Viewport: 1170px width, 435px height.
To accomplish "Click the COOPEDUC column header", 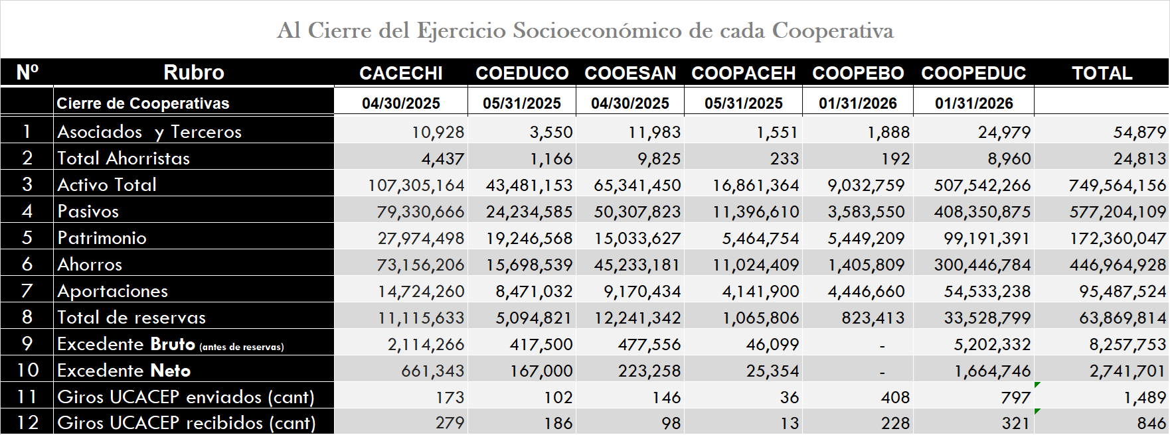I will pyautogui.click(x=973, y=73).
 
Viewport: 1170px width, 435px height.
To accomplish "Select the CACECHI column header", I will pyautogui.click(x=401, y=73).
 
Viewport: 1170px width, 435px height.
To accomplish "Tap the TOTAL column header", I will pyautogui.click(x=1102, y=73).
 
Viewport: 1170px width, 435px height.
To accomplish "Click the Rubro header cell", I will pyautogui.click(x=194, y=72).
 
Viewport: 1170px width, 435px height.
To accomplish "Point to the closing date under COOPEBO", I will pyautogui.click(x=858, y=103).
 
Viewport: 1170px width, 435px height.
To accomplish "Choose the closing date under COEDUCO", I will pyautogui.click(x=522, y=103).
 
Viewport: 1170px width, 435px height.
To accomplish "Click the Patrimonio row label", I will pyautogui.click(x=102, y=237).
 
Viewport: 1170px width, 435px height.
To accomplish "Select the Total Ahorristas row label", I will pyautogui.click(x=124, y=158).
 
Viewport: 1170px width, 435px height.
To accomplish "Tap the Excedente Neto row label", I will pyautogui.click(x=124, y=370).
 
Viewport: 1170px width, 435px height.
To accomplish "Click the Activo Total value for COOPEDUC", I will pyautogui.click(x=983, y=185).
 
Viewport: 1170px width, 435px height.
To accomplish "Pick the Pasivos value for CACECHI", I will pyautogui.click(x=421, y=212).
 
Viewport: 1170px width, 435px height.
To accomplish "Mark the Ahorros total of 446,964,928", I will pyautogui.click(x=1118, y=265).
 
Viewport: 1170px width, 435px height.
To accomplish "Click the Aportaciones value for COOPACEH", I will pyautogui.click(x=756, y=291).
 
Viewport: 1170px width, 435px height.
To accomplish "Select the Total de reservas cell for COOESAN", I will pyautogui.click(x=637, y=318).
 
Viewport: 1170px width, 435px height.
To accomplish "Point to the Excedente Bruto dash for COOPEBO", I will pyautogui.click(x=882, y=345).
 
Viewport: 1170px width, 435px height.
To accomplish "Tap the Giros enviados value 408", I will pyautogui.click(x=895, y=397).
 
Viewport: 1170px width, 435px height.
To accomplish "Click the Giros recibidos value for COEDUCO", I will pyautogui.click(x=558, y=423).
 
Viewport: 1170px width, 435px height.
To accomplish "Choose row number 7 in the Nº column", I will pyautogui.click(x=27, y=290).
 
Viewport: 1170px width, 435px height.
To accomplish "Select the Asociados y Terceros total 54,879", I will pyautogui.click(x=1139, y=132).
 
